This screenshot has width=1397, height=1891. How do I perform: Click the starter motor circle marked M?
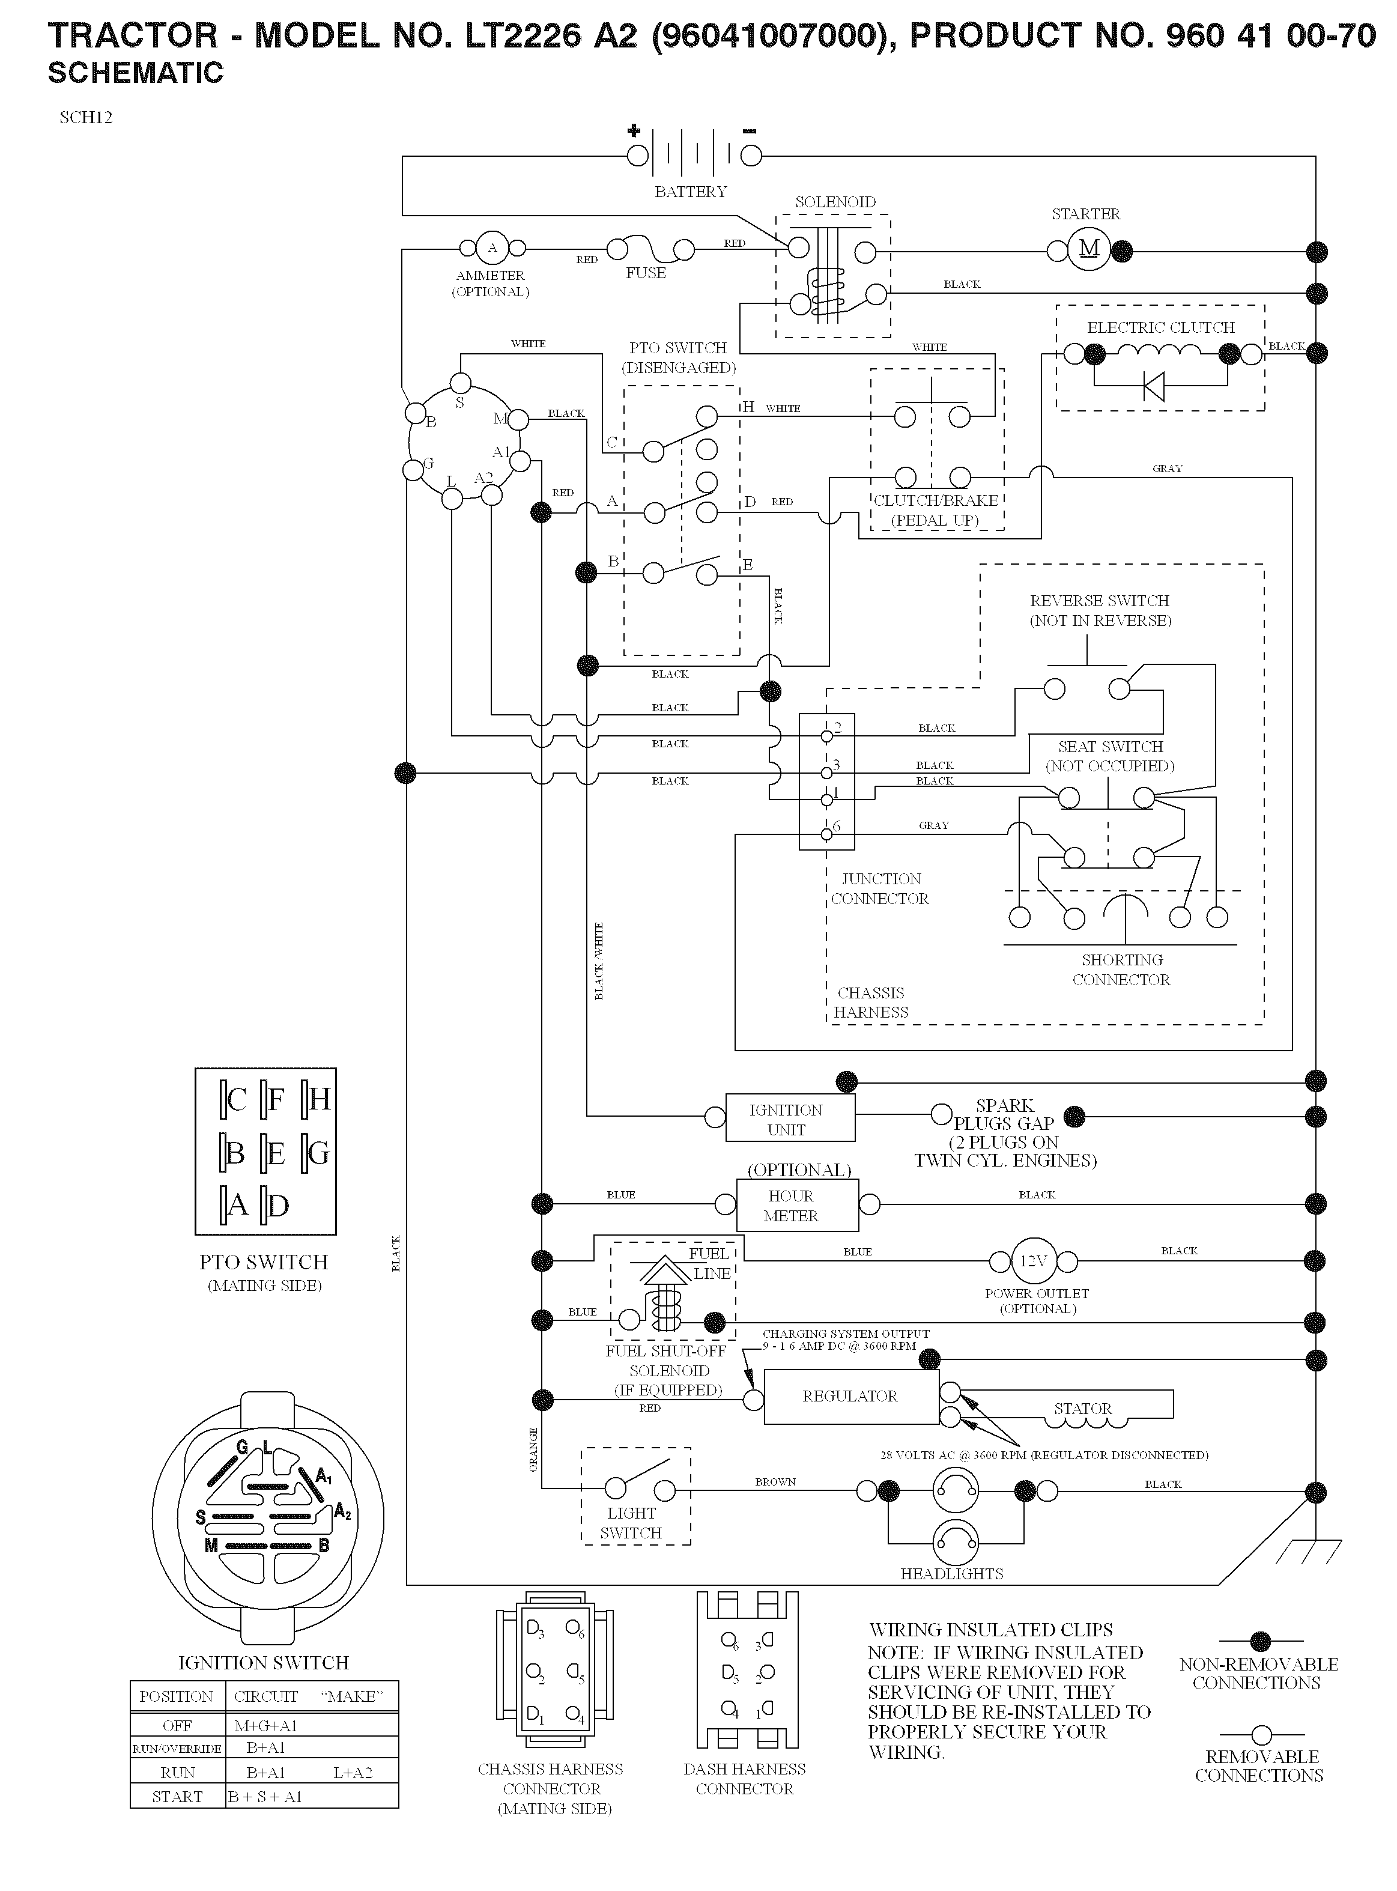point(1089,249)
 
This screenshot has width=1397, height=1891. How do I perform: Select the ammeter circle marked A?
point(492,249)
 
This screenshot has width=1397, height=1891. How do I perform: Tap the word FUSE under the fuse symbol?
point(646,273)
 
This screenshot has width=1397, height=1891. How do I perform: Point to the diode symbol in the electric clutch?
point(1153,386)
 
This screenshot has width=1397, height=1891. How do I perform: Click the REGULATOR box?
point(850,1396)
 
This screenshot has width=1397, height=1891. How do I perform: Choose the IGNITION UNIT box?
point(790,1117)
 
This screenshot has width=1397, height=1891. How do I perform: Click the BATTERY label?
point(691,192)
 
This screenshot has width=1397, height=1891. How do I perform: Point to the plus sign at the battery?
point(634,130)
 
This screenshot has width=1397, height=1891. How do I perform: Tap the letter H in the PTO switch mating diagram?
point(319,1099)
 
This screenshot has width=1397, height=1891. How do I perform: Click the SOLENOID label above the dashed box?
point(835,202)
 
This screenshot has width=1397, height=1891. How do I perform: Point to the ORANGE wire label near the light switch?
point(533,1449)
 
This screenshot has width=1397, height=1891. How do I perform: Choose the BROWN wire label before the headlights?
point(775,1482)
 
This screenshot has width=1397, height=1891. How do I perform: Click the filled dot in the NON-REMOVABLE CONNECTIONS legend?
point(1260,1642)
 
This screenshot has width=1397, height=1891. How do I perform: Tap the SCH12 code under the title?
point(86,118)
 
